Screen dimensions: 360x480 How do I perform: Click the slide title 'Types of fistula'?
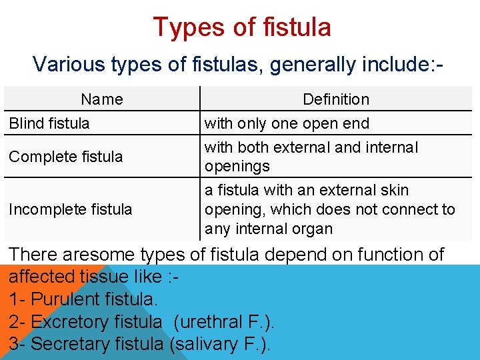tap(241, 27)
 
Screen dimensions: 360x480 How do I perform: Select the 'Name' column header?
tap(102, 99)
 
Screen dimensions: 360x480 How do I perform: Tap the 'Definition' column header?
tap(335, 99)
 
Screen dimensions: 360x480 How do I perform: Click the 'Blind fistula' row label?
tap(49, 123)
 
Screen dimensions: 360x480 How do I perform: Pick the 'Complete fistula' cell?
tap(66, 157)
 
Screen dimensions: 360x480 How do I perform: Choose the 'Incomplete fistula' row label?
tap(71, 209)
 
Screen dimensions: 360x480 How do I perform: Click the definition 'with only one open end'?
tap(287, 123)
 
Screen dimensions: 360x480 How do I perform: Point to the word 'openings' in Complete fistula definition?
tap(237, 166)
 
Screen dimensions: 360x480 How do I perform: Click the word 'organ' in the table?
tap(313, 229)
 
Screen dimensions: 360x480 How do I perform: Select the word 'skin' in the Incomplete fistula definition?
tap(393, 191)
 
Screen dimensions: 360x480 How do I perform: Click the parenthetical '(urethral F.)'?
tap(224, 322)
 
